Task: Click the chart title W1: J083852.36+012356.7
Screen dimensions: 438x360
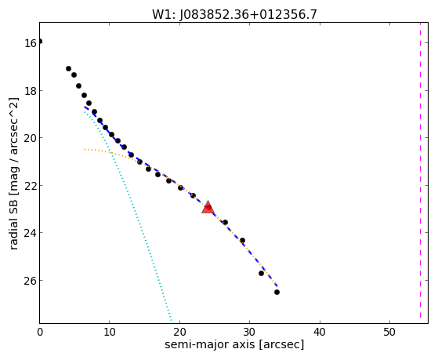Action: click(x=234, y=15)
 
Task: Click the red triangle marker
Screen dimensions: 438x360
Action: click(x=208, y=207)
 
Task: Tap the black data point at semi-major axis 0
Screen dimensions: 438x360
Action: click(x=40, y=42)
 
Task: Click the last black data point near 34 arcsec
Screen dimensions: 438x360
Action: click(x=277, y=292)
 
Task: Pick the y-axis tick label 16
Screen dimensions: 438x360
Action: click(x=31, y=44)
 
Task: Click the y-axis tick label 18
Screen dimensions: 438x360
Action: click(x=31, y=91)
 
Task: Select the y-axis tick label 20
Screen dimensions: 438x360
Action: click(x=31, y=138)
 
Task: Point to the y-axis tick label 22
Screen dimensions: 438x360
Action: click(x=31, y=186)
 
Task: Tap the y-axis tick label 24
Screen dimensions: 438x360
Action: click(x=31, y=233)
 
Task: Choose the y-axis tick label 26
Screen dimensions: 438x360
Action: click(x=31, y=281)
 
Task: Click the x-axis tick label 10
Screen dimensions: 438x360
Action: click(x=110, y=333)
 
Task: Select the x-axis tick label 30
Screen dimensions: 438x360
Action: click(x=249, y=333)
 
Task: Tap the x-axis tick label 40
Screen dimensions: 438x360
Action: click(x=319, y=333)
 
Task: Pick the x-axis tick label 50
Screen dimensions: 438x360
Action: click(x=389, y=333)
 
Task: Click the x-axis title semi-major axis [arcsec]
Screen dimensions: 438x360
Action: click(x=234, y=344)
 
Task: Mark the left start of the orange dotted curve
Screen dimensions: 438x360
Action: click(x=85, y=149)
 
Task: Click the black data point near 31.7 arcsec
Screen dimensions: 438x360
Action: click(x=261, y=273)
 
